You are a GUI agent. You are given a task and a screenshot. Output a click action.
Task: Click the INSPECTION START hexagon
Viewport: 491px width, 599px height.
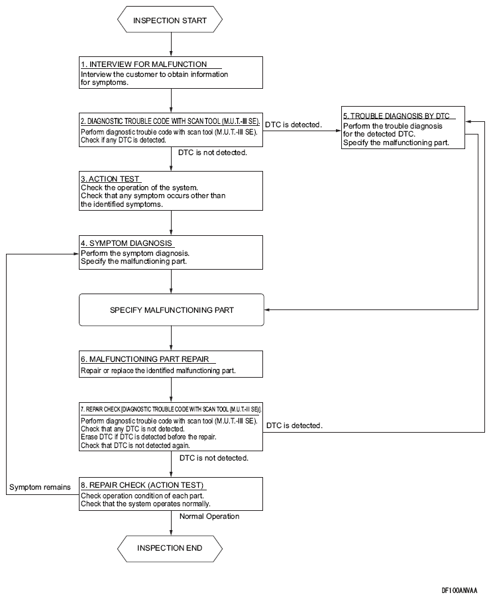tap(170, 20)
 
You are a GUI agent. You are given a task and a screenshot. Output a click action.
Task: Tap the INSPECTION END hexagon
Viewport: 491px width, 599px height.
tap(170, 548)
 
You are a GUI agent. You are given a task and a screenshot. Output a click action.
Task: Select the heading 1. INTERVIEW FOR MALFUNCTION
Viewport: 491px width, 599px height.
tap(144, 64)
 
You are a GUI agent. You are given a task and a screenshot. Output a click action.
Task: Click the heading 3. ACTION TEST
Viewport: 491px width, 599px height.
tap(110, 179)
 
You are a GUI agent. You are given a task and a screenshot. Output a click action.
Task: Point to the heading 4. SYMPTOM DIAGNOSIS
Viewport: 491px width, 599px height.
tap(127, 243)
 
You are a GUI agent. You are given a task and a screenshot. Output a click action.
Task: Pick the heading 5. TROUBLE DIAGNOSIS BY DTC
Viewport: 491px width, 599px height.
tap(396, 116)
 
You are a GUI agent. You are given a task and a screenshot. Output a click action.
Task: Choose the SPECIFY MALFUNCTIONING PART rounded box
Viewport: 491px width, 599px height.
tap(172, 310)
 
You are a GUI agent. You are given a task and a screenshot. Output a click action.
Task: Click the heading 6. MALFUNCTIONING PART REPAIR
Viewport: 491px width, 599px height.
tap(145, 359)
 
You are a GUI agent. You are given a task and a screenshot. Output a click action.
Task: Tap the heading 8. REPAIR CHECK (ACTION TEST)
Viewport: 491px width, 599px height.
tap(142, 485)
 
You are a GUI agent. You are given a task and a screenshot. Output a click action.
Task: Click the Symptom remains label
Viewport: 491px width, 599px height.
tap(40, 487)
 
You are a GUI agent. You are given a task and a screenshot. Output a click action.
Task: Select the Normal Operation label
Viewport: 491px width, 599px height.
tap(209, 516)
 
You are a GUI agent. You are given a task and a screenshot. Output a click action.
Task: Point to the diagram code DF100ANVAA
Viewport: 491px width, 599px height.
tap(460, 590)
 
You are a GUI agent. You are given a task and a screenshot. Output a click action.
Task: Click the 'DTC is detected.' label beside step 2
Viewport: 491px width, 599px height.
tap(294, 125)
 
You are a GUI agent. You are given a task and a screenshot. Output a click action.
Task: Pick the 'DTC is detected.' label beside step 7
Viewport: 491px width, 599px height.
tap(294, 425)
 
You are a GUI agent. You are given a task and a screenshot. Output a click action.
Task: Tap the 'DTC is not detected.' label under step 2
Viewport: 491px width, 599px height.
tap(213, 152)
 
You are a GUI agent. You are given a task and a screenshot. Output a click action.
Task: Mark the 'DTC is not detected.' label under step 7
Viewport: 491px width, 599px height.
tap(214, 458)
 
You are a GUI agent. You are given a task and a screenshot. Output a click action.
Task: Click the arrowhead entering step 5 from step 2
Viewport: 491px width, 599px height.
tap(338, 131)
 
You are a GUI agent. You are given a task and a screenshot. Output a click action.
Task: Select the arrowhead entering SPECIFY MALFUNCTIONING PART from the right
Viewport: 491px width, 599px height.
tap(268, 310)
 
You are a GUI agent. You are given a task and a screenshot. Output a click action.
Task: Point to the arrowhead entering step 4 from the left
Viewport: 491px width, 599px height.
tap(76, 254)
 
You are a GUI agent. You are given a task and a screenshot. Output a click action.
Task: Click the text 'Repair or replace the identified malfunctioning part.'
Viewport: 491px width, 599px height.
tap(158, 370)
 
